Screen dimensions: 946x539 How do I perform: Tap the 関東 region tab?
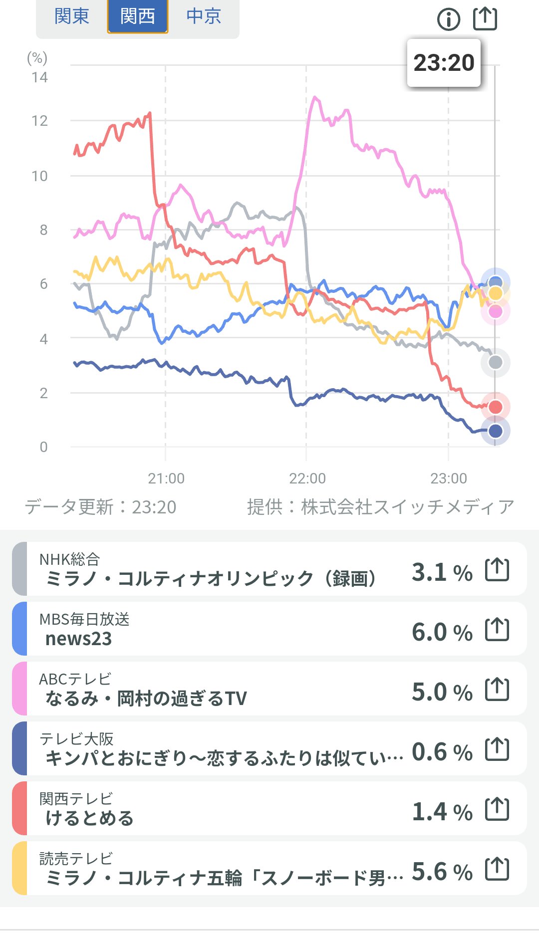pyautogui.click(x=71, y=16)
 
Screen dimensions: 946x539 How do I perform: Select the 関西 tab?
pyautogui.click(x=138, y=16)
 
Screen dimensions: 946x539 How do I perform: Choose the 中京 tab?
pyautogui.click(x=204, y=16)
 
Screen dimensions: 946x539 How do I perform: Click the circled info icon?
pyautogui.click(x=449, y=19)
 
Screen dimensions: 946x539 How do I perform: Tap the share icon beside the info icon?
pyautogui.click(x=485, y=18)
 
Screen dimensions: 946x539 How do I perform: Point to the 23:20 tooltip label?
pyautogui.click(x=444, y=63)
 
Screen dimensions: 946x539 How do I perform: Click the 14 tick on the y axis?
pyautogui.click(x=39, y=77)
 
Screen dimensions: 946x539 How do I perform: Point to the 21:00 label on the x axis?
pyautogui.click(x=166, y=478)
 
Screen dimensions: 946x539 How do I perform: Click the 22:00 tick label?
pyautogui.click(x=307, y=478)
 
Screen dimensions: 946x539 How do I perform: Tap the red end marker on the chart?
pyautogui.click(x=495, y=407)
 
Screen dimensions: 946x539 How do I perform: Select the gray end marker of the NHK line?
pyautogui.click(x=495, y=362)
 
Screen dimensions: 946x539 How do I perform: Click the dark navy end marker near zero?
pyautogui.click(x=495, y=431)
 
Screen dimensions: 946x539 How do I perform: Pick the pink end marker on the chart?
pyautogui.click(x=495, y=312)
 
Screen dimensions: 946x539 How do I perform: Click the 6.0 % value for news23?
pyautogui.click(x=442, y=632)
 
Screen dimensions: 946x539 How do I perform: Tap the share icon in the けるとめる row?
pyautogui.click(x=497, y=809)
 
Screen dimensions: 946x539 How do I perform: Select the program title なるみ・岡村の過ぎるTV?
pyautogui.click(x=146, y=699)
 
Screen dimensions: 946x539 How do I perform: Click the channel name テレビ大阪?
pyautogui.click(x=76, y=739)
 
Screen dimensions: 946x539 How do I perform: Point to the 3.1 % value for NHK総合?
pyautogui.click(x=442, y=572)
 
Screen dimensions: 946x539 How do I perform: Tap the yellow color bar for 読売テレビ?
pyautogui.click(x=19, y=868)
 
